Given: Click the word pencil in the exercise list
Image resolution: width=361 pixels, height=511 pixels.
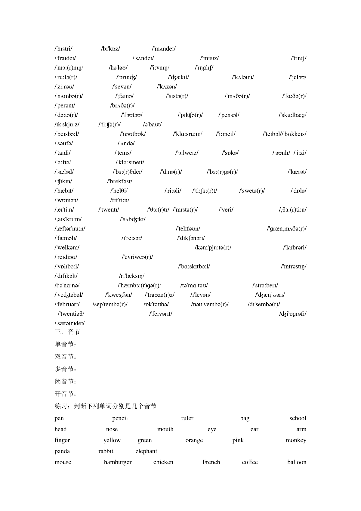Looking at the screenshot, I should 120,418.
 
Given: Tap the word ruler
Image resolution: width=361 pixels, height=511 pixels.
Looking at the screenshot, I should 187,418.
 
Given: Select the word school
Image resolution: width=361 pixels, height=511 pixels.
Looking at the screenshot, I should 298,418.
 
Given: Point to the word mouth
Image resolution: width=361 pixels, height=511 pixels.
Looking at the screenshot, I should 165,429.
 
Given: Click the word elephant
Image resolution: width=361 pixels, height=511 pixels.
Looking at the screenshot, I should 146,451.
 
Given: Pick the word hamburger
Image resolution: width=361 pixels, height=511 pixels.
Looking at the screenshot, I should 118,462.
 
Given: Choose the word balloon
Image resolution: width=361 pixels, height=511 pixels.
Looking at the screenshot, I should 297,462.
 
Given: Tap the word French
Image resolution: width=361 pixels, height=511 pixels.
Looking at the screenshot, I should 211,462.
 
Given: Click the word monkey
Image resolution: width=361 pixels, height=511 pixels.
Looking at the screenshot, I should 296,440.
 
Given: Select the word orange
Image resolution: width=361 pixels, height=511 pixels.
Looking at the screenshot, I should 194,440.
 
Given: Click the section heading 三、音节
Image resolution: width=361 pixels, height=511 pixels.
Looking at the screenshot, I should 67,332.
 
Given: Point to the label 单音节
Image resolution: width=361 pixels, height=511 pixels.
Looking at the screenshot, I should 66,344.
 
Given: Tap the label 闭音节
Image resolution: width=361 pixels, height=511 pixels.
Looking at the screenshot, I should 66,382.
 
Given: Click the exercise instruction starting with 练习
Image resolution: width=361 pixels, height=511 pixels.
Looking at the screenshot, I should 106,406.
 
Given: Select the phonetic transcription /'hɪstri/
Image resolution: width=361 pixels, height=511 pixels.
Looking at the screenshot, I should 63,49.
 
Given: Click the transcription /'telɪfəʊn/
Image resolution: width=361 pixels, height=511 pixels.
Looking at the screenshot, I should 188,229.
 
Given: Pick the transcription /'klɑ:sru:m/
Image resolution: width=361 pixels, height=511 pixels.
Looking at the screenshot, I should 188,134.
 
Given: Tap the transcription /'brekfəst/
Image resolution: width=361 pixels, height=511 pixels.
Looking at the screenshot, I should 120,181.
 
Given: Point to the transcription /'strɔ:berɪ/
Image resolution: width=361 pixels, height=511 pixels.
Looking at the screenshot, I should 265,285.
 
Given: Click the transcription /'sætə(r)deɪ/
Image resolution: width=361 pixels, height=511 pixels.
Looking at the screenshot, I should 69,323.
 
